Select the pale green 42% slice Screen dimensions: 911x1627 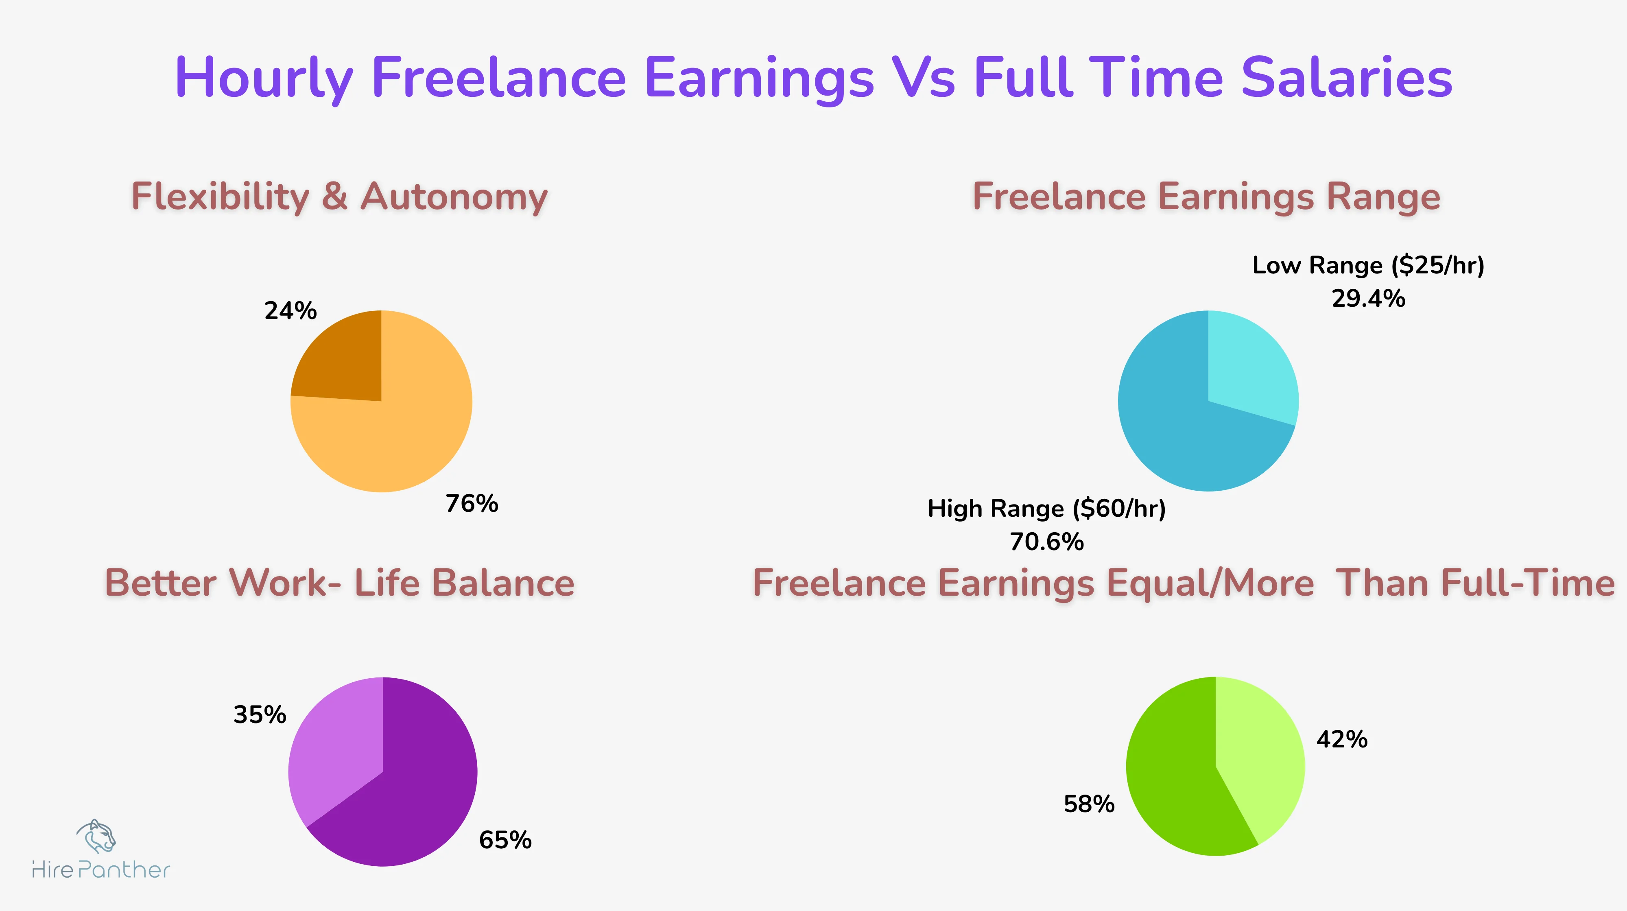(x=1257, y=758)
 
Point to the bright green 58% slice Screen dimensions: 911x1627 (x=1175, y=783)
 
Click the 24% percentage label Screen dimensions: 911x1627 (x=290, y=311)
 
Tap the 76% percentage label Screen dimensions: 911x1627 (x=472, y=504)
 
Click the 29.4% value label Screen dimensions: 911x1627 (x=1368, y=299)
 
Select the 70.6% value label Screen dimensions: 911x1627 (x=1046, y=542)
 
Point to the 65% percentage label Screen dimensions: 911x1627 (x=505, y=840)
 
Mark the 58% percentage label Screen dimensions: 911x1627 (x=1089, y=804)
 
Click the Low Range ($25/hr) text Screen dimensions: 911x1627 (x=1368, y=265)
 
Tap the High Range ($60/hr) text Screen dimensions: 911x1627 (x=1046, y=509)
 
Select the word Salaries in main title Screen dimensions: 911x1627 (x=1347, y=78)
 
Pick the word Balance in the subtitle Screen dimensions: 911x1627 (x=503, y=583)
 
